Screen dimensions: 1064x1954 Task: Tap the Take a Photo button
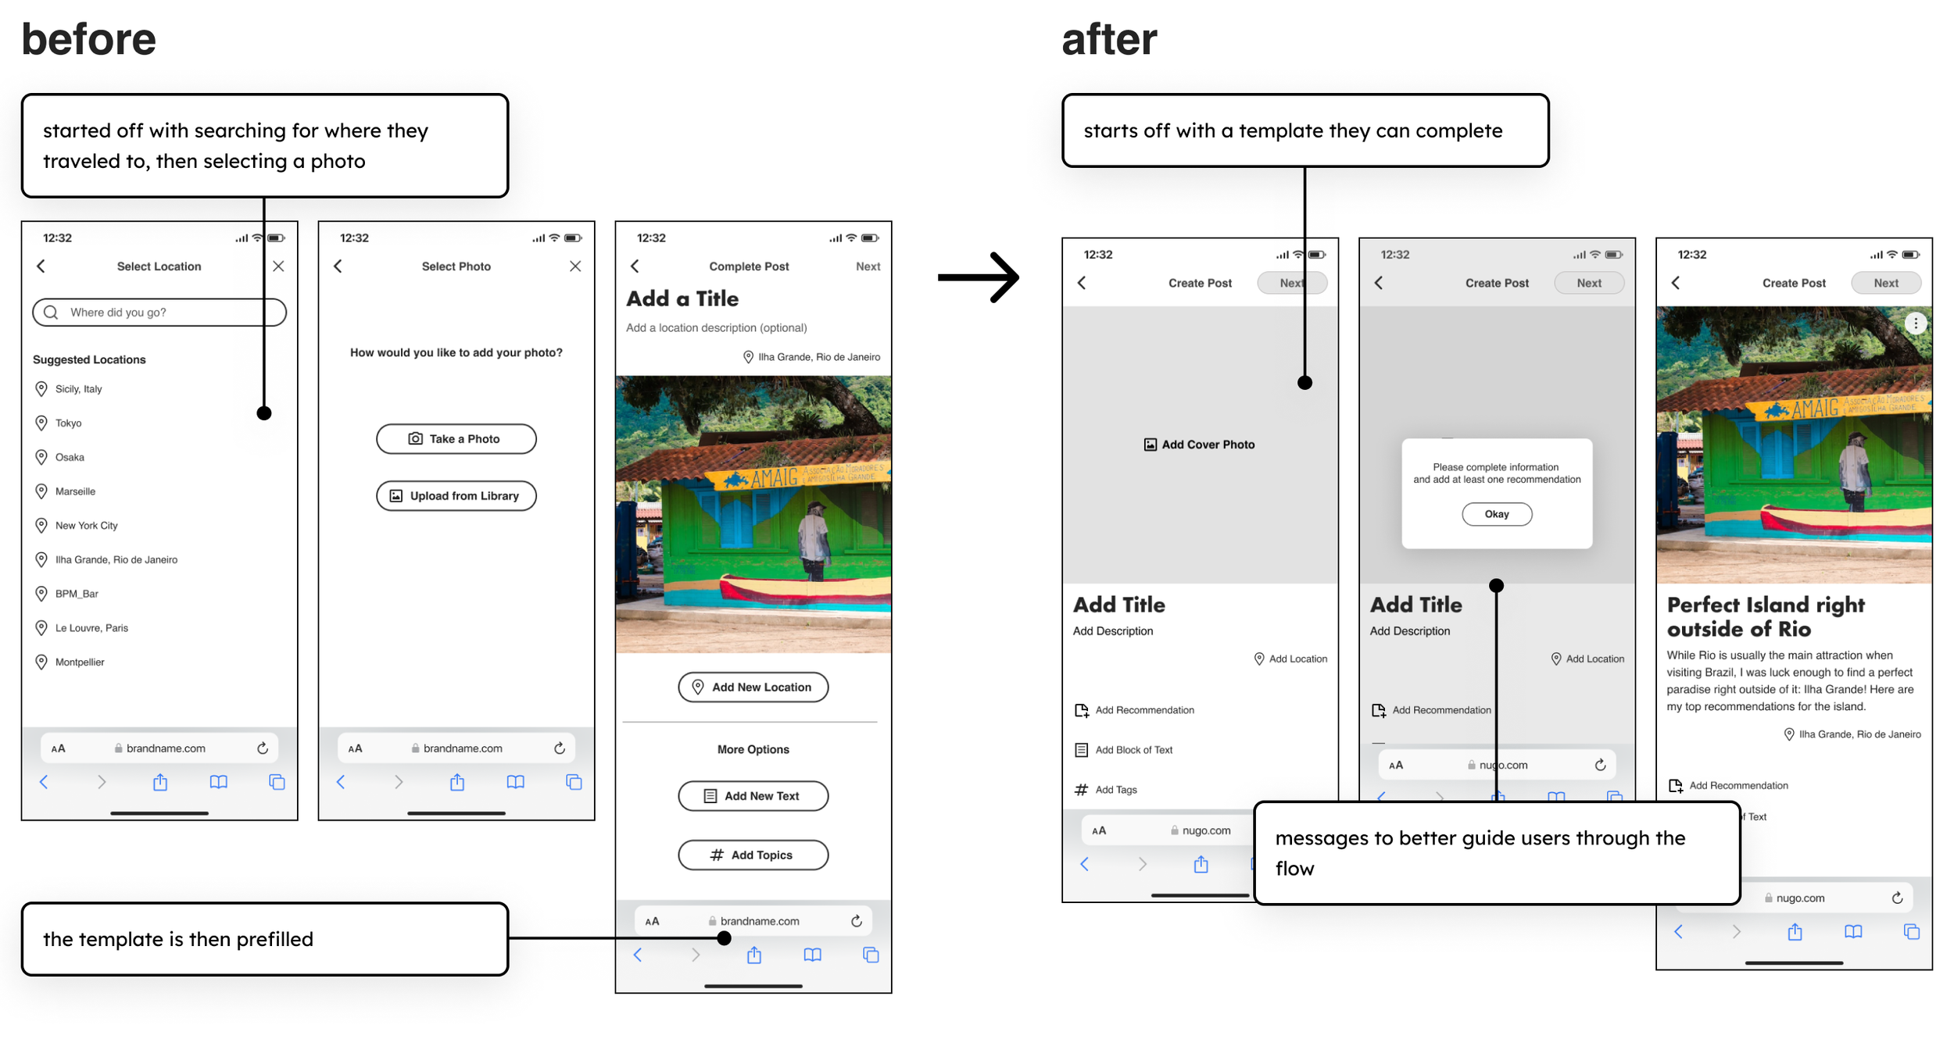click(456, 439)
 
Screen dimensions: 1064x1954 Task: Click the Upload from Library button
click(456, 496)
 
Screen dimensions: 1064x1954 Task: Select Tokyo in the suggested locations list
click(68, 423)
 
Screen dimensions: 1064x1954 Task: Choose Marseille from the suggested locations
click(75, 491)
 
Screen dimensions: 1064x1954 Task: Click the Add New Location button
click(753, 687)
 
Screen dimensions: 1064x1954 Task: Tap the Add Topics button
click(753, 855)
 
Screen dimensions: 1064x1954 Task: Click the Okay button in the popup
click(1496, 514)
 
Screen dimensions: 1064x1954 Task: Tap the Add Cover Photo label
click(1200, 445)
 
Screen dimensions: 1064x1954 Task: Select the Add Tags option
click(1115, 790)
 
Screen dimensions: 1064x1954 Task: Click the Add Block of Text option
click(1133, 750)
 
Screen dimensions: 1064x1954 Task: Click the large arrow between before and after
click(979, 277)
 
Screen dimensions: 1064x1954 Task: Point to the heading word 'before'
click(88, 39)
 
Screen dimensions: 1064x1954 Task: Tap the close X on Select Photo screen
click(575, 266)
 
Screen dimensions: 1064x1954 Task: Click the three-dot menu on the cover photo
click(1915, 323)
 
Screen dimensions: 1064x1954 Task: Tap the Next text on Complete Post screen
click(868, 266)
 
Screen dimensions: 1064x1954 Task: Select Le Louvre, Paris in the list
click(91, 628)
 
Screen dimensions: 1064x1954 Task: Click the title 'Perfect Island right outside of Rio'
click(1765, 616)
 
